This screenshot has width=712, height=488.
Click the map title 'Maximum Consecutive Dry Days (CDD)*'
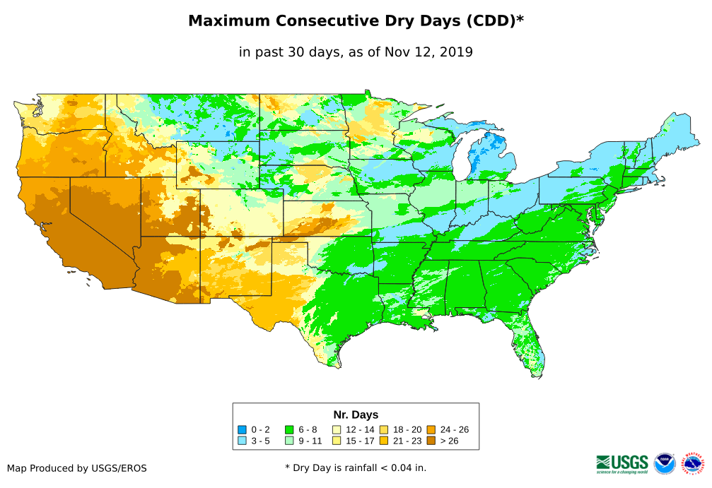point(356,21)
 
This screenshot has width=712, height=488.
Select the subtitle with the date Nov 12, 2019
point(356,52)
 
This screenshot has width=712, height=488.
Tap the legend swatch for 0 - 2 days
point(242,429)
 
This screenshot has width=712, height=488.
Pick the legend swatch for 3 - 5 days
point(242,441)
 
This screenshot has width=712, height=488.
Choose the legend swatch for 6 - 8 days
point(289,429)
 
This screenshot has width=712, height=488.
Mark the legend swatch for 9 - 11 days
point(289,441)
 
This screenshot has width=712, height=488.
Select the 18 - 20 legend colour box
point(383,429)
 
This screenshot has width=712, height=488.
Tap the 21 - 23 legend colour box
point(383,441)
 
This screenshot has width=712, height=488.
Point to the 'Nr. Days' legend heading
point(356,415)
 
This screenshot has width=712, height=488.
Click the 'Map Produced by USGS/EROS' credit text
point(77,468)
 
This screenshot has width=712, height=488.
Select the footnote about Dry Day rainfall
point(356,468)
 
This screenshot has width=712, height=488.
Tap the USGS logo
point(622,463)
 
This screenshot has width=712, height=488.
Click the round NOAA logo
point(665,464)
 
